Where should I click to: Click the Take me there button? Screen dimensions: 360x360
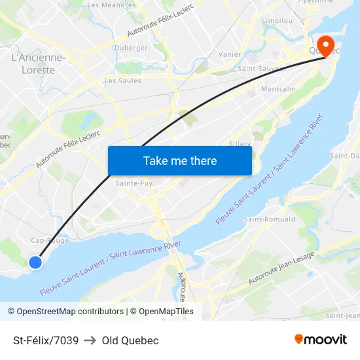[x=180, y=160]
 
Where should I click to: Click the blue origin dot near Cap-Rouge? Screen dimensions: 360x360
[x=35, y=262]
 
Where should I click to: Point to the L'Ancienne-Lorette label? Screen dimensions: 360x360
[x=38, y=63]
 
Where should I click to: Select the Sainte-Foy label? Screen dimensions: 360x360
[x=134, y=183]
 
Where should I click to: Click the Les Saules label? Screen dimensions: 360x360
[x=122, y=81]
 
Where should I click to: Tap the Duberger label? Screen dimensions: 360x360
[x=131, y=48]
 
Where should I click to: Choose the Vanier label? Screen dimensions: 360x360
[x=230, y=54]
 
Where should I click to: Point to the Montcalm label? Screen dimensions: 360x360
[x=278, y=89]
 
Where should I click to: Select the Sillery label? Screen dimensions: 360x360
[x=241, y=143]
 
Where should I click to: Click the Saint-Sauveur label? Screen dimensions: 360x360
[x=261, y=68]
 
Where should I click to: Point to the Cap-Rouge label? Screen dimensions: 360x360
[x=46, y=240]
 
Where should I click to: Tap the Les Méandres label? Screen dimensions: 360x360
[x=111, y=5]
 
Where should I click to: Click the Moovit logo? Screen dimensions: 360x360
[x=321, y=339]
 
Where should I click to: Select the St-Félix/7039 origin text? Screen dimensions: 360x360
[x=46, y=340]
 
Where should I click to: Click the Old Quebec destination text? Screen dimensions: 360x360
[x=130, y=340]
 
